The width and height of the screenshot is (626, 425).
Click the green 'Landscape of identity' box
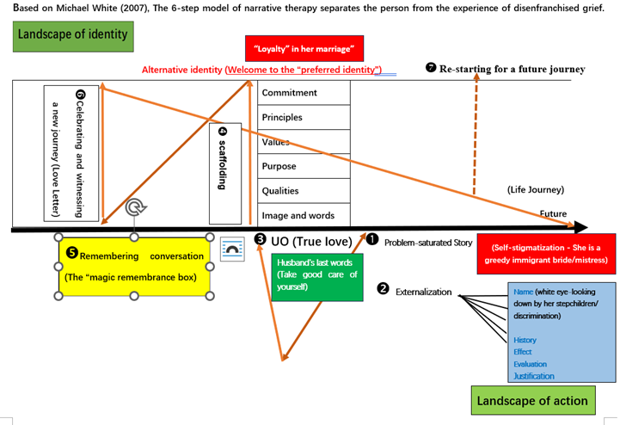pos(73,37)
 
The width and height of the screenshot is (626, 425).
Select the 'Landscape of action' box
pos(533,400)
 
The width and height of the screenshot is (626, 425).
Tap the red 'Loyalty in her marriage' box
pos(304,48)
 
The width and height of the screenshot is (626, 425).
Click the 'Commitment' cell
pos(304,93)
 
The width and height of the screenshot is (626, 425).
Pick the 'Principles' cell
pos(304,117)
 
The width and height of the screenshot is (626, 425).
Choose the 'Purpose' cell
pos(304,166)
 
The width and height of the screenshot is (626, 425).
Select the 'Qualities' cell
pos(304,191)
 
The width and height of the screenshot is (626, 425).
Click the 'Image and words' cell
pos(304,216)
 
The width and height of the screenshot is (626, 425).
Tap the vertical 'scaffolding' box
pos(225,174)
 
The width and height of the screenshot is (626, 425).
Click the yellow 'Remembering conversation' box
pos(134,267)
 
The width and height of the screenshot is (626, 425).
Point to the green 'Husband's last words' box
pos(317,277)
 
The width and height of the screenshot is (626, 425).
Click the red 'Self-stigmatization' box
pos(546,254)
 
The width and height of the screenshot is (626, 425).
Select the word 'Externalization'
pos(424,292)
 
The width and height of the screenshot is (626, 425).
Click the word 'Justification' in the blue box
pos(534,376)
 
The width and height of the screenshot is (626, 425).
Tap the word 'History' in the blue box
pos(525,340)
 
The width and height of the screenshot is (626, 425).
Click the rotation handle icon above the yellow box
pos(136,207)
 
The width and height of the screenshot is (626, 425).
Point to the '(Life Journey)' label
pos(536,190)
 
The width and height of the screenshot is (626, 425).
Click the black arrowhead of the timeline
pos(581,228)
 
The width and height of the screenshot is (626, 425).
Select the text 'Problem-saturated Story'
pos(428,243)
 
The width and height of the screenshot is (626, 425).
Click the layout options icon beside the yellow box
pos(232,249)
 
